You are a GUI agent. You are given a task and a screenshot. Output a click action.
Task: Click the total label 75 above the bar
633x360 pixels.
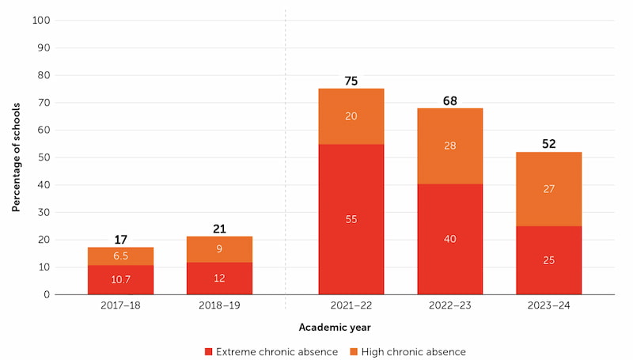[x=351, y=81]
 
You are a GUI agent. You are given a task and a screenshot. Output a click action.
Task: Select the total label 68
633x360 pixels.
[x=450, y=100]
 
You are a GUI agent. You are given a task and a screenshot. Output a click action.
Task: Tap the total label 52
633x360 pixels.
[x=548, y=144]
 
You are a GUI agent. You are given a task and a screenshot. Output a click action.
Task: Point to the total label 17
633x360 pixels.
[x=120, y=240]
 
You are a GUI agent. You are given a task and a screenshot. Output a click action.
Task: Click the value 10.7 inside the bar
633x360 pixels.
[x=120, y=279]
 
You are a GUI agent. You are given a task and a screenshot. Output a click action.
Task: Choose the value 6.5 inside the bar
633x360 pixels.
[x=120, y=256]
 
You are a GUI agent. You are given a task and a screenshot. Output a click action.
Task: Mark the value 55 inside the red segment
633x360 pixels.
[x=351, y=219]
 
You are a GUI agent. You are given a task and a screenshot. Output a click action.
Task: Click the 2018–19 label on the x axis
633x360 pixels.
[x=219, y=305]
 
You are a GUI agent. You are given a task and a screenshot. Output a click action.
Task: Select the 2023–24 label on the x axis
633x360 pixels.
[x=548, y=305]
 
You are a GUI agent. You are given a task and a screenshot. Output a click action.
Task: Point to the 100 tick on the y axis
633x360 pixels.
[x=40, y=20]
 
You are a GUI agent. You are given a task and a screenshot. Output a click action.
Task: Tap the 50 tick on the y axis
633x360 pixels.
[x=43, y=157]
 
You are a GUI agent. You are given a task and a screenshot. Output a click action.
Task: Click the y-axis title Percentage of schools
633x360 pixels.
[x=16, y=157]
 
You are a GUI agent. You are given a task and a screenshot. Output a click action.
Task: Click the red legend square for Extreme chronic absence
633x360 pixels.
[x=209, y=351]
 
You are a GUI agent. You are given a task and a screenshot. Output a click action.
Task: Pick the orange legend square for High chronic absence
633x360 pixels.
[x=353, y=351]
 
